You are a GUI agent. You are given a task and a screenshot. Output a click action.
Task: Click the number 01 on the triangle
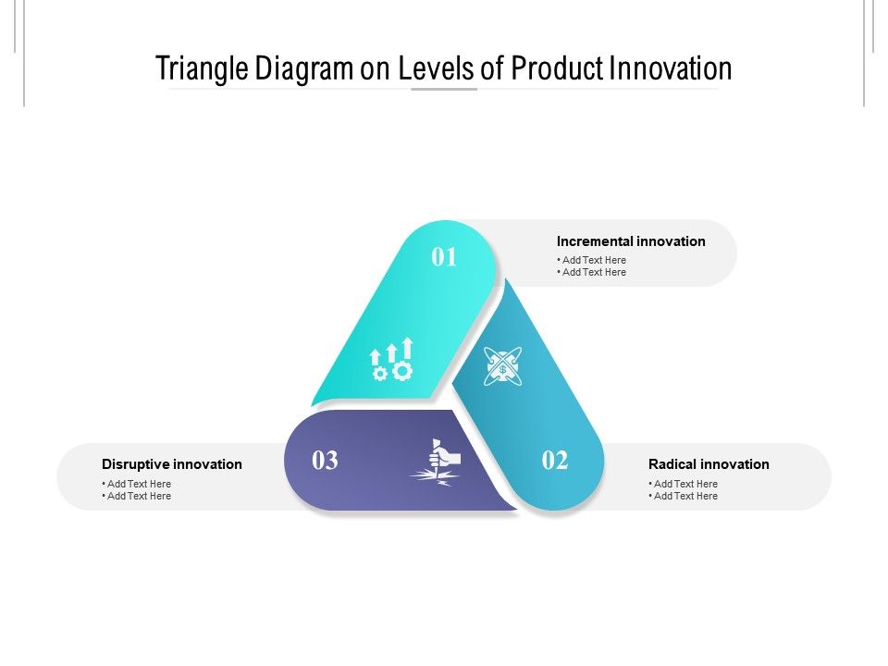click(445, 257)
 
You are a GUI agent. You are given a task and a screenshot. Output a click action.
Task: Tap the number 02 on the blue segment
click(555, 460)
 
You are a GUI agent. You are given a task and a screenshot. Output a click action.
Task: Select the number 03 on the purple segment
click(325, 460)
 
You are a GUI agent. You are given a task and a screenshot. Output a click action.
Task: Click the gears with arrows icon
click(392, 361)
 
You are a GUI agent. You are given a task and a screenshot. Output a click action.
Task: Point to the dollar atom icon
click(502, 366)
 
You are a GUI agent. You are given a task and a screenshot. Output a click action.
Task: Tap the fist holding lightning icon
click(437, 461)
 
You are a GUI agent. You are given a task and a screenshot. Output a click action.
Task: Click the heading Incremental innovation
click(631, 241)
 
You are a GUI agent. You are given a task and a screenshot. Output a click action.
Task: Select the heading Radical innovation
click(709, 464)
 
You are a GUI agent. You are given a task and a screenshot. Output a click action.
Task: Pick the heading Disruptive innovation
click(172, 464)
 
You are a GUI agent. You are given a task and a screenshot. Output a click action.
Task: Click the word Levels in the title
click(436, 68)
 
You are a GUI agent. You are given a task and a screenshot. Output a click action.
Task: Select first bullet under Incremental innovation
click(593, 260)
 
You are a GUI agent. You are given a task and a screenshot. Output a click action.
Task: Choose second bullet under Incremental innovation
click(593, 272)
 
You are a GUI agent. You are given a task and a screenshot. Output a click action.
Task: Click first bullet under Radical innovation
click(684, 484)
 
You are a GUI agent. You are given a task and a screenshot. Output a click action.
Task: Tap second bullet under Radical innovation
click(684, 496)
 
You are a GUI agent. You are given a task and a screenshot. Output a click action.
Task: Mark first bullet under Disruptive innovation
click(138, 484)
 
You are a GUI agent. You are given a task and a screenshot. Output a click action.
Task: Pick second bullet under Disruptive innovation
click(138, 496)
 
